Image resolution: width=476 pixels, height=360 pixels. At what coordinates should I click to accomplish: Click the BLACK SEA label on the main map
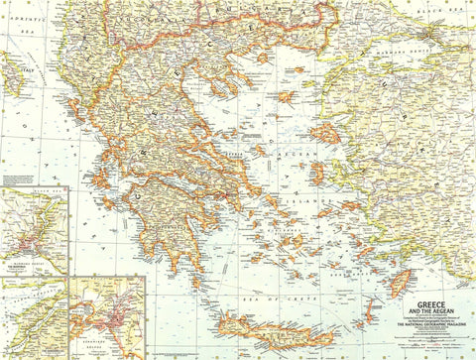click(452, 9)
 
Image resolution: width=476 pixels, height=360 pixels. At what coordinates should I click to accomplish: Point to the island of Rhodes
click(399, 284)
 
